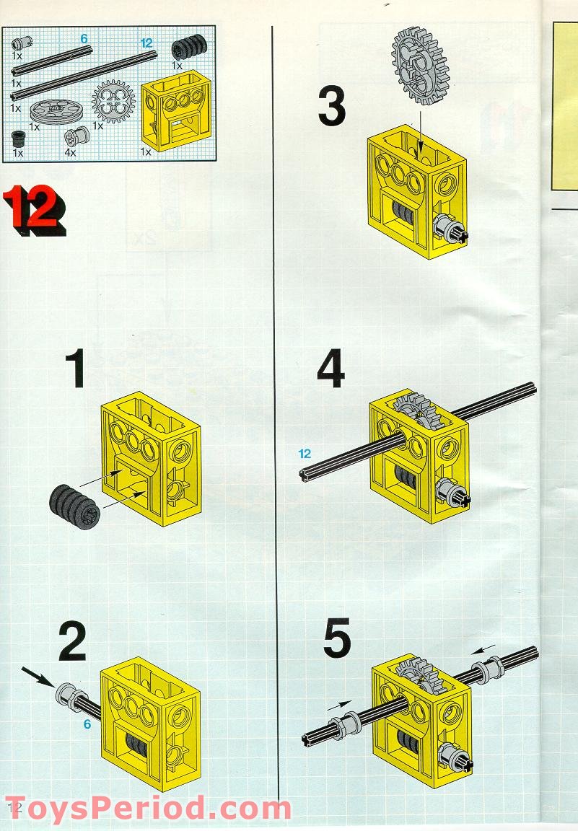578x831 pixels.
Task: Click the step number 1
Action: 76,370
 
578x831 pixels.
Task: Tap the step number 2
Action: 72,641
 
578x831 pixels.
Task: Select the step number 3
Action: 331,107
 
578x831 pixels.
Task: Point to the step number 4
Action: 330,370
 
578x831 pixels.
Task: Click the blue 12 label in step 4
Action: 305,454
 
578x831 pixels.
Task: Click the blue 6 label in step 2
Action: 87,724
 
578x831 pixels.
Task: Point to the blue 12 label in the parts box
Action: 147,43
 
